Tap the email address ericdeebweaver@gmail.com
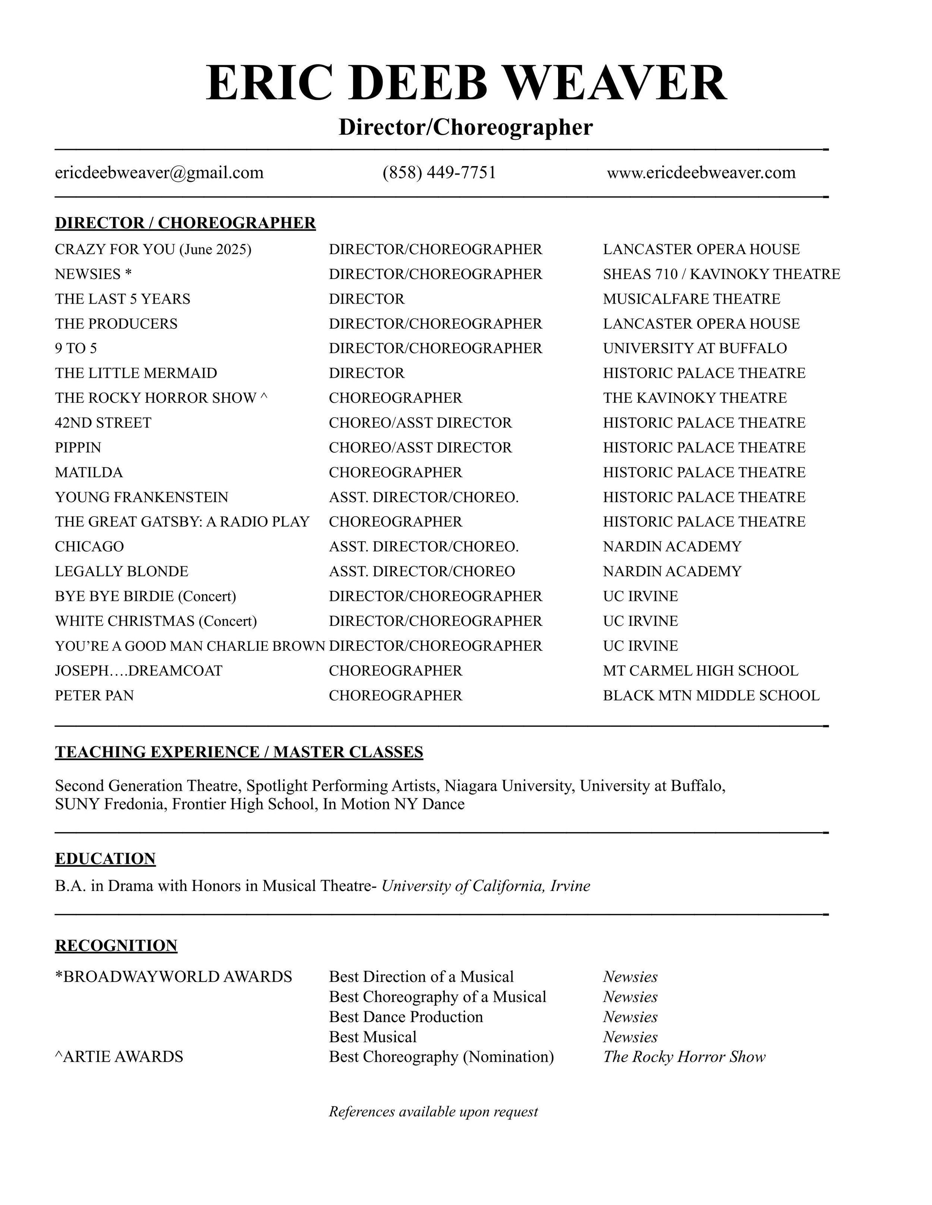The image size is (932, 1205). click(159, 173)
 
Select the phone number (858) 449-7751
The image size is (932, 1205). click(439, 173)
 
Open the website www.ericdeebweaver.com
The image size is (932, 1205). click(701, 173)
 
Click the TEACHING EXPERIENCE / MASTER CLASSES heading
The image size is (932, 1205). click(239, 752)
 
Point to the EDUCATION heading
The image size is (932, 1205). click(105, 859)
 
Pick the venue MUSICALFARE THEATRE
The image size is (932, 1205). click(691, 299)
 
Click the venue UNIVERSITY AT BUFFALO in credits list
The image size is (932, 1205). click(695, 349)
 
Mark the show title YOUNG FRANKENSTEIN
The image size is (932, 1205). click(141, 498)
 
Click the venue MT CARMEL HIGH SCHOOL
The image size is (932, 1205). click(700, 671)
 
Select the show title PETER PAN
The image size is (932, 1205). click(94, 696)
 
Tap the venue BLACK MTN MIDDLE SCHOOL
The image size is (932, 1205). click(711, 696)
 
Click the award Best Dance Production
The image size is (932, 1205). click(406, 1017)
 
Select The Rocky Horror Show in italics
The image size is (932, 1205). click(684, 1057)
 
